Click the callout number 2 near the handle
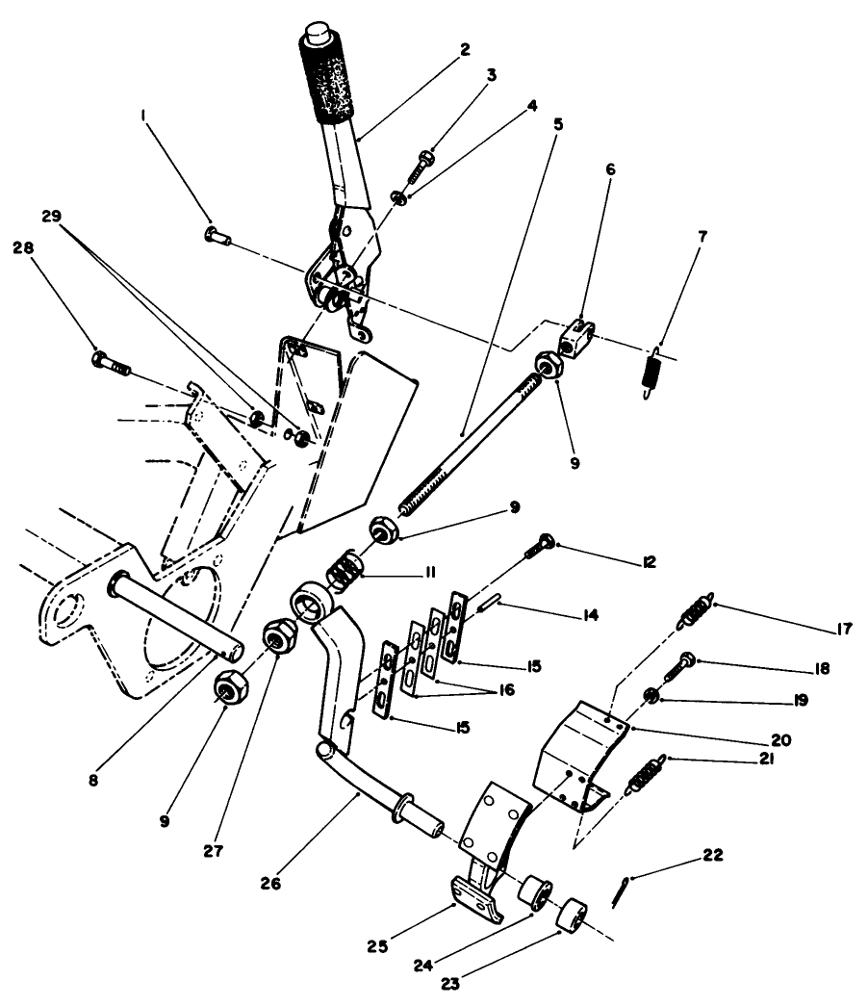click(x=466, y=50)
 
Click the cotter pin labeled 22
click(x=621, y=890)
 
